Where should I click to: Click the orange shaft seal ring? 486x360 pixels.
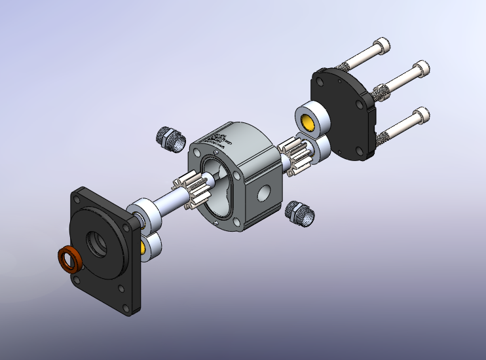point(69,260)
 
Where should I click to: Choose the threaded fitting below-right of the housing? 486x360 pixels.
point(301,213)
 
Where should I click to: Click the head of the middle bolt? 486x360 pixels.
point(422,68)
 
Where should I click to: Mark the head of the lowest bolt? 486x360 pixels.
point(424,117)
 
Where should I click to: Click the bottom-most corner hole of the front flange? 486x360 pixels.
point(121,289)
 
